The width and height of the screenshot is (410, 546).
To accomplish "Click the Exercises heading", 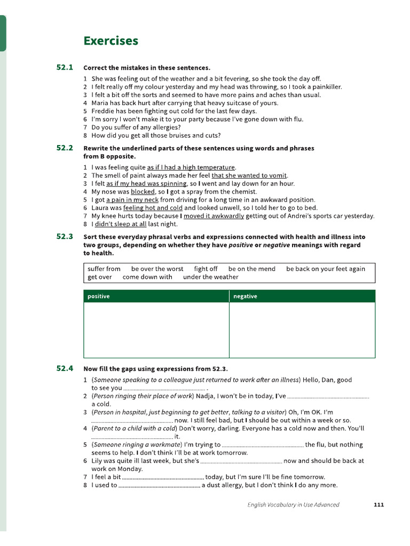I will click(x=111, y=41).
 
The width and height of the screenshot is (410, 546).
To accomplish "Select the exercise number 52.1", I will click(x=64, y=67).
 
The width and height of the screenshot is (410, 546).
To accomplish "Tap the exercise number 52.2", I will click(x=64, y=148).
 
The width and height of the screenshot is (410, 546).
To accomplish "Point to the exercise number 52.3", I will click(x=64, y=236).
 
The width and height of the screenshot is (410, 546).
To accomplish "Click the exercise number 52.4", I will click(x=64, y=368).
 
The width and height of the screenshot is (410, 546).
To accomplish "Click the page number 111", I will click(x=379, y=504).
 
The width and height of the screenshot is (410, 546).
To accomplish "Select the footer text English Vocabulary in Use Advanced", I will click(x=293, y=504).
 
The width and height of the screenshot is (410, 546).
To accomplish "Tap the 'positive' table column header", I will click(x=98, y=296).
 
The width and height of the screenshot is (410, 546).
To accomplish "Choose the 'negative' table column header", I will click(x=245, y=296).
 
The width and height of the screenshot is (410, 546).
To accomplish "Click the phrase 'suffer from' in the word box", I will click(x=104, y=269).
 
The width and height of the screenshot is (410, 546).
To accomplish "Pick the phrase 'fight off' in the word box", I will click(x=206, y=269).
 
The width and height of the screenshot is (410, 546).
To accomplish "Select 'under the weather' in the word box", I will click(x=210, y=277).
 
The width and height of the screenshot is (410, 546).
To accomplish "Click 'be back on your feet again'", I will click(x=326, y=269).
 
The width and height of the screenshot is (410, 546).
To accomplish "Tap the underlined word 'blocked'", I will click(x=143, y=191).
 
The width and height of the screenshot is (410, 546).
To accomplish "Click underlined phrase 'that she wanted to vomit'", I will click(x=249, y=175).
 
